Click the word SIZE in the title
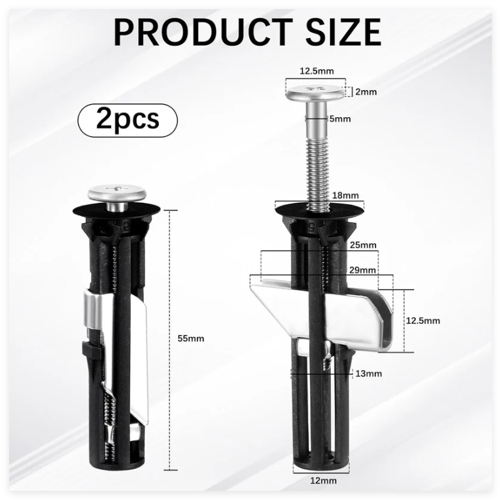click(343, 32)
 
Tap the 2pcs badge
click(128, 120)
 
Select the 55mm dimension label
click(191, 338)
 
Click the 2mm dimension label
click(366, 92)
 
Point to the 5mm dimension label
click(340, 119)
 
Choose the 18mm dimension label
click(345, 195)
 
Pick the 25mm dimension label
click(363, 245)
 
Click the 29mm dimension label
click(362, 270)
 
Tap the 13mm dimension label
click(369, 374)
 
